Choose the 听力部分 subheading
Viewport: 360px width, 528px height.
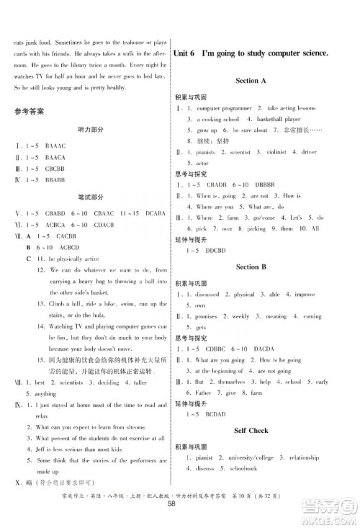[90, 130]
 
